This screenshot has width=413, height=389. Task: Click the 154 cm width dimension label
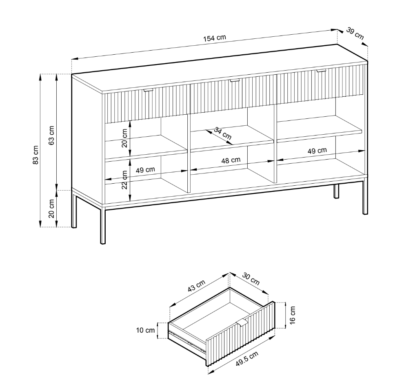point(215,38)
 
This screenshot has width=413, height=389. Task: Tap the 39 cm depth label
point(355,33)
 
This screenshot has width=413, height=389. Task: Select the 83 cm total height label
point(36,155)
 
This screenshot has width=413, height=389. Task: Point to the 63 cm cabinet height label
point(51,135)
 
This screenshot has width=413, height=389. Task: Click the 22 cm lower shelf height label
point(124,180)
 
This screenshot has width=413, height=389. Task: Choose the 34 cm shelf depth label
point(222,133)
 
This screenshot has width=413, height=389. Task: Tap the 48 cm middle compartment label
point(231,160)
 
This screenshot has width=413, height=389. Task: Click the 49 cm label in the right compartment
point(317,151)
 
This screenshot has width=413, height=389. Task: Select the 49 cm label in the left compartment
point(145,170)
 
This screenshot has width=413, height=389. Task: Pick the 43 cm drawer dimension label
point(196,286)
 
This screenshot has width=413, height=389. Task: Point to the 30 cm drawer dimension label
point(251,279)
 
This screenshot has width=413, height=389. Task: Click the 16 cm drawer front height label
point(292,315)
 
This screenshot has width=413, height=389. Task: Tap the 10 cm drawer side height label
point(145,330)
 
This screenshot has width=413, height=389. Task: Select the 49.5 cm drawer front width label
point(247,358)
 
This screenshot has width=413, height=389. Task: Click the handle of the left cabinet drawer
point(148,90)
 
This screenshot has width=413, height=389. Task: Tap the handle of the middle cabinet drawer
point(234,80)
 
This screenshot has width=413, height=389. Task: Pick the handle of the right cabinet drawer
point(321,70)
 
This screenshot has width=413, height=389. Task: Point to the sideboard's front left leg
point(103,225)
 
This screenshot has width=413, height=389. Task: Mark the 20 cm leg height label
point(51,208)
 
